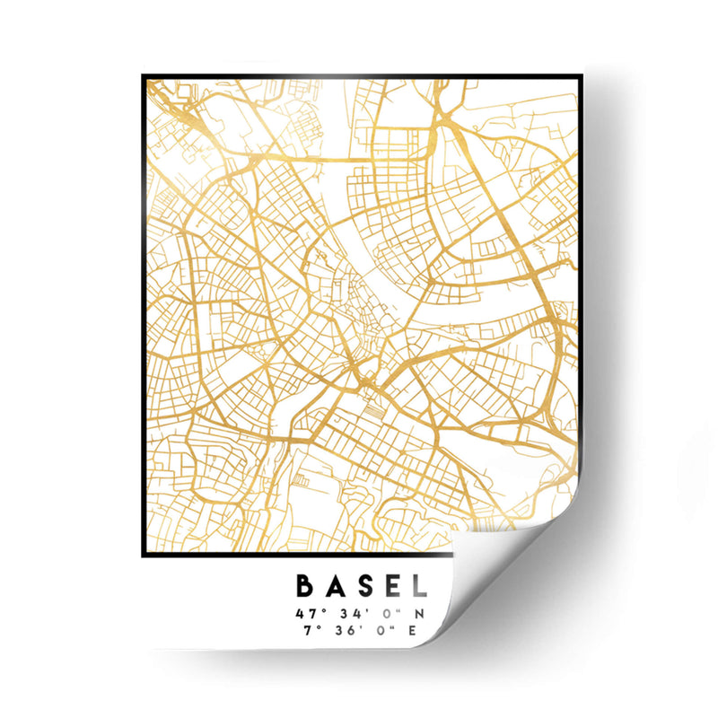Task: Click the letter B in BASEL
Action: (x=305, y=587)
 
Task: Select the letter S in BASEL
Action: (x=363, y=587)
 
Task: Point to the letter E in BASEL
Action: (x=390, y=587)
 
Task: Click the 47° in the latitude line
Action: (x=306, y=614)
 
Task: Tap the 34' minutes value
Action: (x=346, y=614)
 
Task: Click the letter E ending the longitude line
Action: (x=414, y=629)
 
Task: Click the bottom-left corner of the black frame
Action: (x=144, y=555)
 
